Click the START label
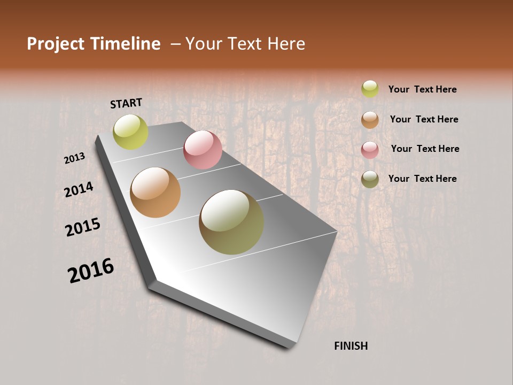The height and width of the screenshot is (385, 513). click(126, 103)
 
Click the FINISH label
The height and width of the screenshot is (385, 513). click(351, 346)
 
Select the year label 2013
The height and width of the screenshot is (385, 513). click(75, 158)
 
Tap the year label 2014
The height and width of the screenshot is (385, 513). click(79, 189)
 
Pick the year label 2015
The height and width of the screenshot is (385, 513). click(83, 227)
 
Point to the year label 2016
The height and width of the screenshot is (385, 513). click(91, 271)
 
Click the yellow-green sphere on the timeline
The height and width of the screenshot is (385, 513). click(130, 132)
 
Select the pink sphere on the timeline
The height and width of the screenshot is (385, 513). click(203, 150)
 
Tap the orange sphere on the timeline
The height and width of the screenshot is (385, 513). click(155, 192)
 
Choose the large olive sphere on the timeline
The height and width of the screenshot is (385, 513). click(231, 222)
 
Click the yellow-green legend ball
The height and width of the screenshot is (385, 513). click(370, 89)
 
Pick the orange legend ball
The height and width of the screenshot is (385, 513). click(370, 120)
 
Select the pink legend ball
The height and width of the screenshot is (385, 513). click(370, 150)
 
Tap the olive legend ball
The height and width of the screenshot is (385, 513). click(370, 179)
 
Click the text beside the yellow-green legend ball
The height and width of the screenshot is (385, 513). click(422, 89)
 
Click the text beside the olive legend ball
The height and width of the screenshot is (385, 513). click(422, 179)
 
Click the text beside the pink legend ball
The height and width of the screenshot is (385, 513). click(425, 149)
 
